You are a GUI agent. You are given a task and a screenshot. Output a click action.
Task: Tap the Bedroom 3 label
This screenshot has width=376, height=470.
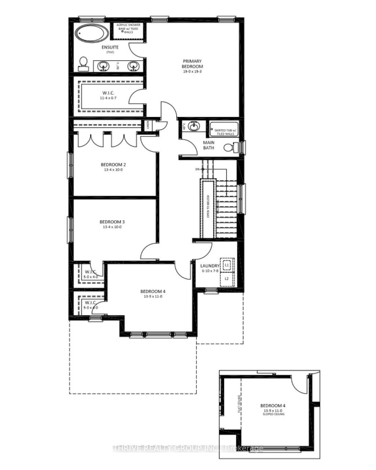point(112,222)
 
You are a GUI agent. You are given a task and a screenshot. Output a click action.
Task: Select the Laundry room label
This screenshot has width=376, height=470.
point(210,266)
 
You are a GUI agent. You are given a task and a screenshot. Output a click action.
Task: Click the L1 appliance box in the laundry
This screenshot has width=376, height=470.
point(227,265)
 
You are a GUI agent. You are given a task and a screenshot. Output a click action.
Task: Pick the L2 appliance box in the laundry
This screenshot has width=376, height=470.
point(227,279)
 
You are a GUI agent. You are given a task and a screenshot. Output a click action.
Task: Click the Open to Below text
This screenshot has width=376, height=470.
point(208,206)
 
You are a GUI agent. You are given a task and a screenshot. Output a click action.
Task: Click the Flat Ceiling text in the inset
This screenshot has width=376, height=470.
point(239,404)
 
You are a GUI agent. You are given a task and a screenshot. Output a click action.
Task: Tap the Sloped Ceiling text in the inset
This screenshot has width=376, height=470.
point(273,414)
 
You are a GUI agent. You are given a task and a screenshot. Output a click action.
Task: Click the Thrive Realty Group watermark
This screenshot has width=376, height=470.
point(188,448)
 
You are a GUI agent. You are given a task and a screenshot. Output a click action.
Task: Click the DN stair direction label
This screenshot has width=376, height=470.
point(198,169)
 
